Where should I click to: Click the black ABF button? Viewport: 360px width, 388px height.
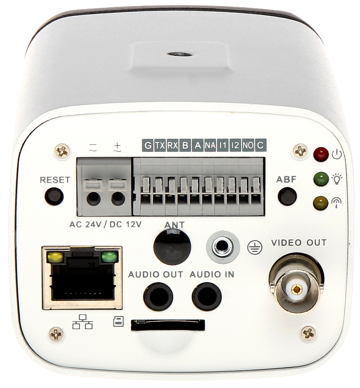coord(287,196)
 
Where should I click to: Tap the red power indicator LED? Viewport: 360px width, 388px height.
coord(321,154)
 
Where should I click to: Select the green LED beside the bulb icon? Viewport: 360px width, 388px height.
coord(321,179)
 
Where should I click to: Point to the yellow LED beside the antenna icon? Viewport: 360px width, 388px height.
coord(321,203)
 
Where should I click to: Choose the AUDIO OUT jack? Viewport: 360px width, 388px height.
coord(158,297)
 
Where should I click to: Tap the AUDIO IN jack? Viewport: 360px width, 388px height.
coord(207,297)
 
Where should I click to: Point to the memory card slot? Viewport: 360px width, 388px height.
coord(168,325)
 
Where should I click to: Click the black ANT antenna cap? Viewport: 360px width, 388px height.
coord(173,246)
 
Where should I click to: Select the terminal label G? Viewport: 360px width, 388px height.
coord(148,145)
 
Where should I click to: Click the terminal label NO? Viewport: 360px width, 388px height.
coord(248,145)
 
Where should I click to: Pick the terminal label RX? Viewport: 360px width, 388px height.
coord(173,145)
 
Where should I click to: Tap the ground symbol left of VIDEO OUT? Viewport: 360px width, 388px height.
coord(255,247)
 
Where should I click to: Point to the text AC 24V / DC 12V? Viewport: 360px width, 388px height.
coord(106,224)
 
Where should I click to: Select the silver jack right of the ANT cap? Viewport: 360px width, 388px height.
coord(223,246)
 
